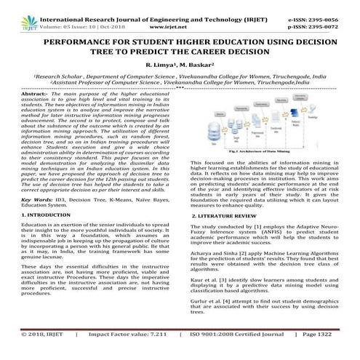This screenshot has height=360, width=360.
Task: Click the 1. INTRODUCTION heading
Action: pos(49,216)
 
